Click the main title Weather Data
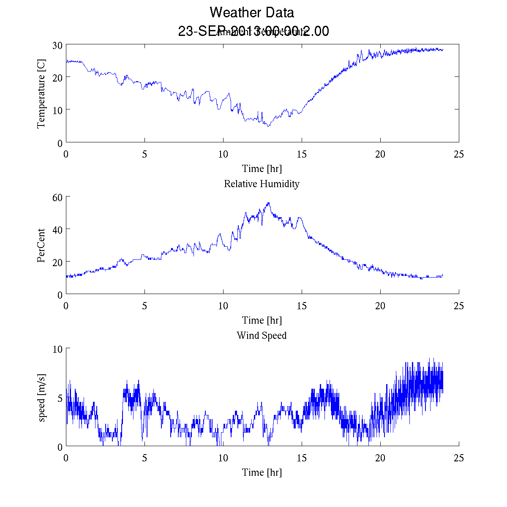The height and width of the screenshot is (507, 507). pos(252,13)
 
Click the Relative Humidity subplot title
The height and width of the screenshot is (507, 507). pos(262,184)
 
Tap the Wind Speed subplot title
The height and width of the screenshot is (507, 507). pos(262,335)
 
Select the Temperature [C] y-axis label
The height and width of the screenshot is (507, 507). pos(41,94)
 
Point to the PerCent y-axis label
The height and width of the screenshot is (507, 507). pos(41,245)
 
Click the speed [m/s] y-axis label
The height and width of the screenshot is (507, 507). pos(41,398)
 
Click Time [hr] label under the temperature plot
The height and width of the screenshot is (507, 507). pos(262,169)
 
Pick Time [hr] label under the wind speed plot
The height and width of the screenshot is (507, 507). pos(262,472)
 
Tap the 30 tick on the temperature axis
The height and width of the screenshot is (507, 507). pos(57,45)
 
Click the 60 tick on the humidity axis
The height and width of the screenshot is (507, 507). pos(57,197)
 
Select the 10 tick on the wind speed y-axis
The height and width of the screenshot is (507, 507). pos(57,349)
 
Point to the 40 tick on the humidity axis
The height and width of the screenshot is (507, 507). pos(57,229)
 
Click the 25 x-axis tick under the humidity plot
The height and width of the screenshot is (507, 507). pos(459,306)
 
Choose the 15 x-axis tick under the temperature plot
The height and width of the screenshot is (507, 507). pos(302,154)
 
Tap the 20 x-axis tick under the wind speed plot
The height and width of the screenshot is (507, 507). pos(380,458)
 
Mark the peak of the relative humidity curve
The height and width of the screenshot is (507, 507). pos(268,203)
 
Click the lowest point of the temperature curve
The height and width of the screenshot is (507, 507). pos(268,126)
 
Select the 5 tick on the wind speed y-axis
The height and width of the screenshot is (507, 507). pos(60,398)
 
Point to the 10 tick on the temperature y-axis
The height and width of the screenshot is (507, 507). pos(57,110)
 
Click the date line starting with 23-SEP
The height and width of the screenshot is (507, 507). pos(253,31)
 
